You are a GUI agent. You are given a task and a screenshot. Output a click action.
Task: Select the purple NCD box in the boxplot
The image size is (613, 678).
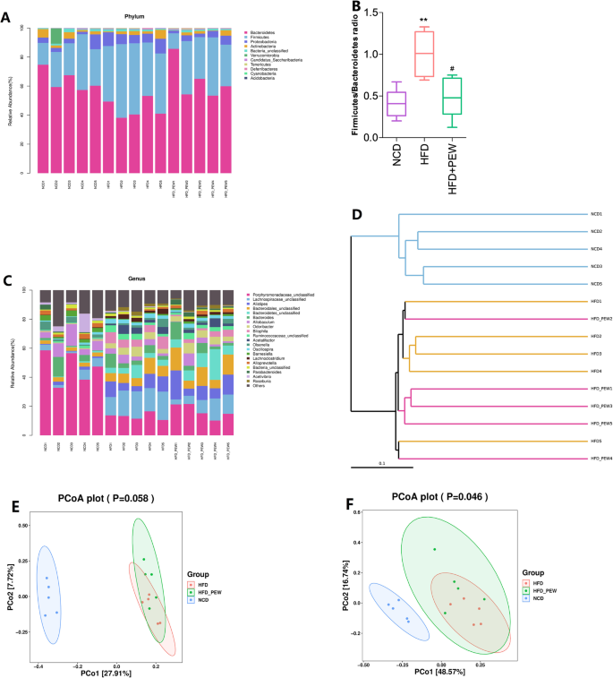point(396,104)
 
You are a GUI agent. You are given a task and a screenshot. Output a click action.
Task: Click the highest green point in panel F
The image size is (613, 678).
point(435,549)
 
